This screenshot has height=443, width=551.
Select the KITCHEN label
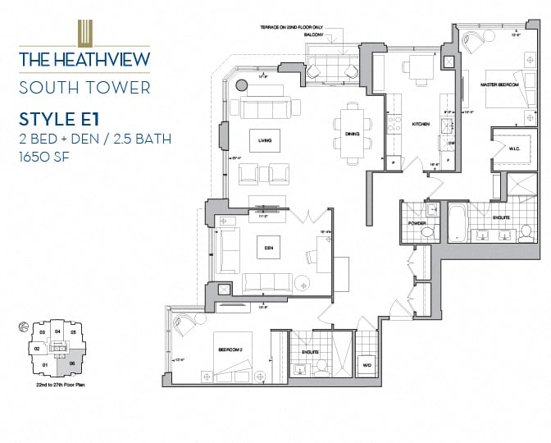coord(421,124)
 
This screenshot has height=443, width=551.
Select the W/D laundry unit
coord(367,365)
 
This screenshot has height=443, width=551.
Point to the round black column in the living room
coord(241,84)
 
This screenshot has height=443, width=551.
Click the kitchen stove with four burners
coord(394,125)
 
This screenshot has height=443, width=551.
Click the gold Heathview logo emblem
coord(84,34)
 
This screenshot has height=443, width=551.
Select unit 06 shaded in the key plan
coord(72,362)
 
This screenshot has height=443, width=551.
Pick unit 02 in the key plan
coord(37,348)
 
